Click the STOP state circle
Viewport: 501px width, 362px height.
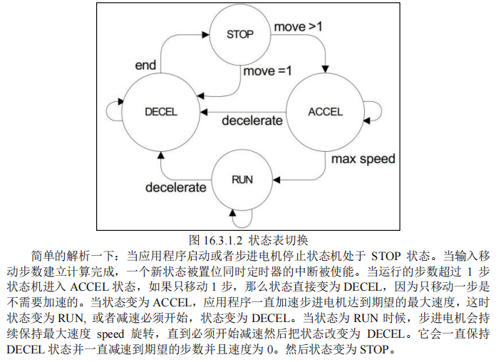pos(239,34)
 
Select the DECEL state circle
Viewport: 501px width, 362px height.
pos(160,111)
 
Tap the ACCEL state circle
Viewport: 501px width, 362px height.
pos(325,111)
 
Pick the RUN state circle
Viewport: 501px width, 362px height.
pos(242,179)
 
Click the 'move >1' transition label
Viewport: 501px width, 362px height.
pos(298,27)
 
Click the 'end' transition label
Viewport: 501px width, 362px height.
pos(145,66)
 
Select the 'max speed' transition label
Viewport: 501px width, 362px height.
pos(363,158)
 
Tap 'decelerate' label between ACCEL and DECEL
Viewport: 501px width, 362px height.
pos(252,120)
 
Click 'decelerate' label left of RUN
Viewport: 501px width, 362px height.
pos(176,187)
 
